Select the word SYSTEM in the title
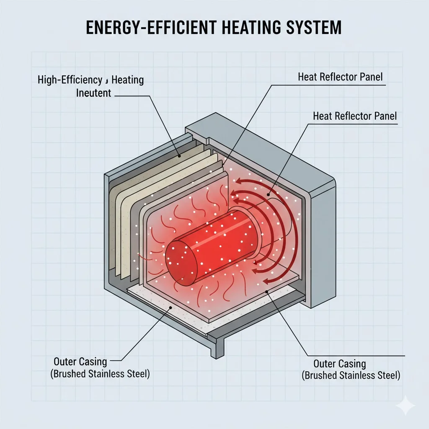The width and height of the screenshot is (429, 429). (x=316, y=27)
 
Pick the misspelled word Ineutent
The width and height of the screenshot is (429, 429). (x=93, y=93)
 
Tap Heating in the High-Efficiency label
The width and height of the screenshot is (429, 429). (x=128, y=79)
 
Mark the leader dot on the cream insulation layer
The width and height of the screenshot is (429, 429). (x=180, y=156)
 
